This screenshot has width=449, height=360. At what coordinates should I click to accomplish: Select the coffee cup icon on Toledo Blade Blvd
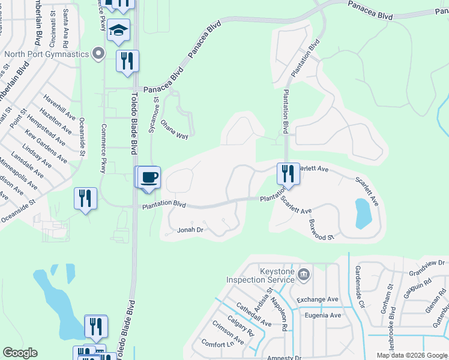pyautogui.click(x=149, y=178)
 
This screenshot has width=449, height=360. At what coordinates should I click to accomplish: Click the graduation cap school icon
pyautogui.click(x=119, y=31)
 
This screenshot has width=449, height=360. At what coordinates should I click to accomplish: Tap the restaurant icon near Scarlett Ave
pyautogui.click(x=288, y=174)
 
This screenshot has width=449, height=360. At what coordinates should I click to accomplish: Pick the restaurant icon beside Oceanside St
pyautogui.click(x=85, y=199)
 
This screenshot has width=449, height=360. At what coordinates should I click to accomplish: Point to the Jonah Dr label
pyautogui.click(x=191, y=230)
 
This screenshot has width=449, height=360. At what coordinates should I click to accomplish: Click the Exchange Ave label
pyautogui.click(x=317, y=299)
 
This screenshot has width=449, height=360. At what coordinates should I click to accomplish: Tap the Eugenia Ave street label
pyautogui.click(x=323, y=315)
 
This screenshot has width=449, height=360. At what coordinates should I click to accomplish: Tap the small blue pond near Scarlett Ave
pyautogui.click(x=363, y=214)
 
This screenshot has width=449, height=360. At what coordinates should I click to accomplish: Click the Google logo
pyautogui.click(x=20, y=353)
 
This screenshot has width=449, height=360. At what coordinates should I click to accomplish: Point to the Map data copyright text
pyautogui.click(x=412, y=355)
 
